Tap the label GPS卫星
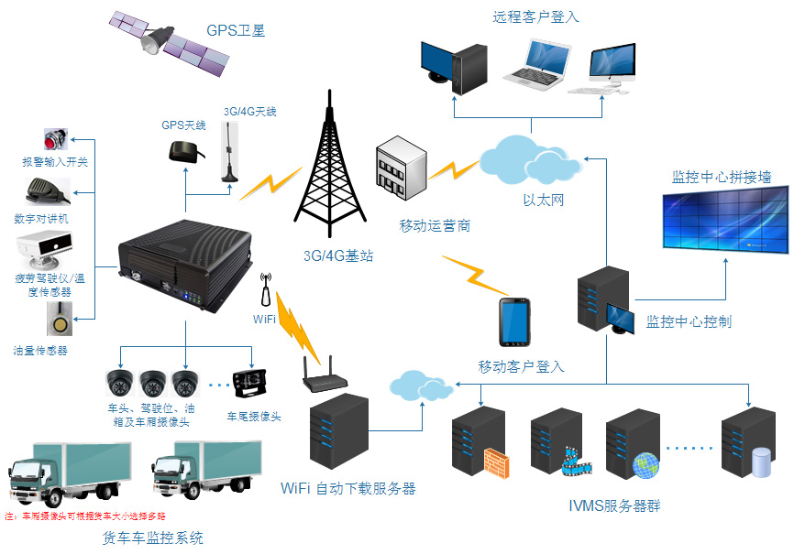point(236,30)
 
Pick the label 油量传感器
point(40,350)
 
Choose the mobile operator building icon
point(401,168)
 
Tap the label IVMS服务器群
point(613,505)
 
